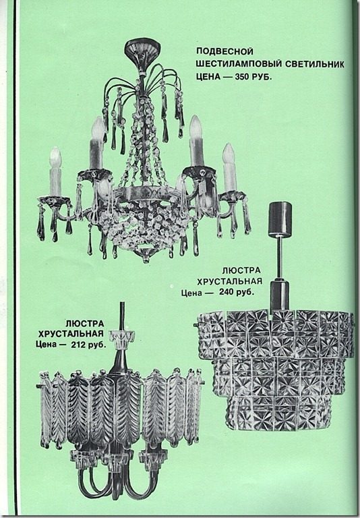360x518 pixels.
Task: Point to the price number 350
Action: pos(243,77)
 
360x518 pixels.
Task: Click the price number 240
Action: pos(228,292)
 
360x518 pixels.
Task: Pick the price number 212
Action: pos(80,345)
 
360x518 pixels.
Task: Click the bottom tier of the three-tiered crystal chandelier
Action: pos(279,413)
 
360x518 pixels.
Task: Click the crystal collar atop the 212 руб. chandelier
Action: pos(122,338)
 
